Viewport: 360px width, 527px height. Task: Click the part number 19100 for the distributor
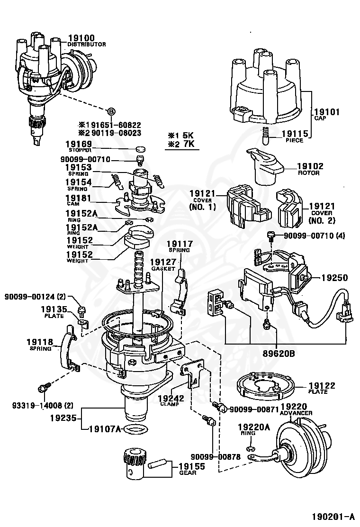pyautogui.click(x=81, y=38)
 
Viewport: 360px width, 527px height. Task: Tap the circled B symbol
pyautogui.click(x=111, y=111)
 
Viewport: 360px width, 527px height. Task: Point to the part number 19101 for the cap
pyautogui.click(x=327, y=112)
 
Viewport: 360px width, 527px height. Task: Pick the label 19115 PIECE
pyautogui.click(x=295, y=136)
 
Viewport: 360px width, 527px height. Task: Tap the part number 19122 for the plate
pyautogui.click(x=322, y=386)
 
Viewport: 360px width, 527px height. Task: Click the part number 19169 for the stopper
pyautogui.click(x=78, y=144)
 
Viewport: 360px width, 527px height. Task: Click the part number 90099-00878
pyautogui.click(x=216, y=456)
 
